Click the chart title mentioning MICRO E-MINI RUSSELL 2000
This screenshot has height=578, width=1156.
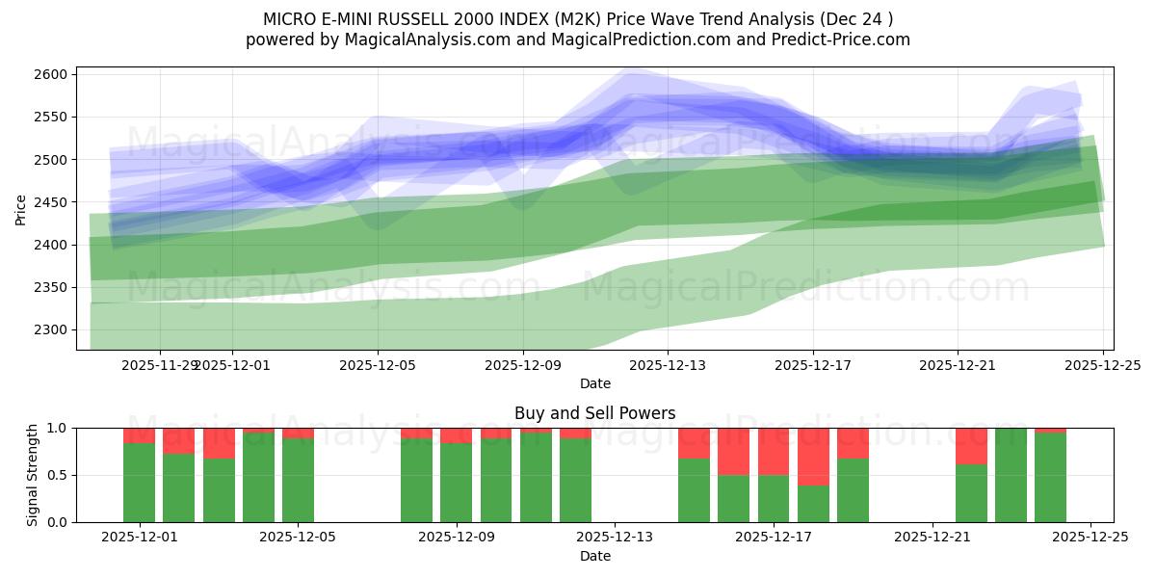[578, 19]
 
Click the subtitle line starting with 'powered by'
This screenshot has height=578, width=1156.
[578, 39]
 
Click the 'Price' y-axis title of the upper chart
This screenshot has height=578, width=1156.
[20, 208]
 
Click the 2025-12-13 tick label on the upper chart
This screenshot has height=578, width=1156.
[668, 365]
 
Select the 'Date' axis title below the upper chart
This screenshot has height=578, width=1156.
[594, 383]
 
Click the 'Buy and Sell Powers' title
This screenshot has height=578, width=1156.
[594, 413]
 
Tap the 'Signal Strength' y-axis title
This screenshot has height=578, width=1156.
[32, 475]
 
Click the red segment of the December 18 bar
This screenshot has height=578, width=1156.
[813, 457]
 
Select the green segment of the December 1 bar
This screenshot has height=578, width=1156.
[139, 483]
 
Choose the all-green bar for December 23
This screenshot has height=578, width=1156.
[1011, 475]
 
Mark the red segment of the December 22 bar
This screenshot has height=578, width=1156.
[971, 446]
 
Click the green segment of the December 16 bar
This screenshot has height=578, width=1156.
[734, 498]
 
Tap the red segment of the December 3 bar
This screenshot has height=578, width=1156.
[219, 443]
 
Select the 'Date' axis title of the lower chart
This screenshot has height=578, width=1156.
[594, 556]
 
